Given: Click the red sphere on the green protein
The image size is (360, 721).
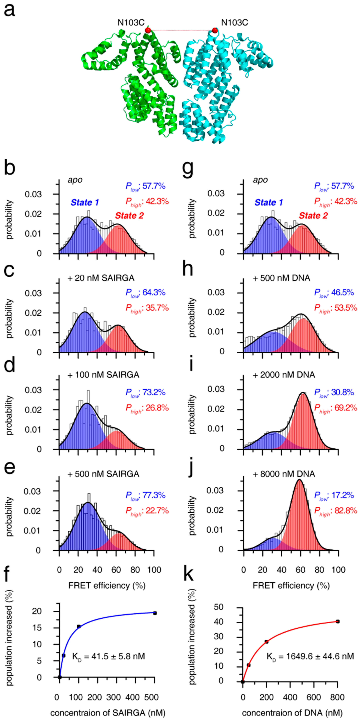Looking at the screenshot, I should [x=148, y=30].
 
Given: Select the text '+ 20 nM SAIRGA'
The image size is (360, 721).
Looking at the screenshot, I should [x=101, y=278].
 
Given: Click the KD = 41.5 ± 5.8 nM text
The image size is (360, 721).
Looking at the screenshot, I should [x=109, y=656].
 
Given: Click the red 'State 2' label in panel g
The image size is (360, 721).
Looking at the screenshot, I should [x=313, y=215].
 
